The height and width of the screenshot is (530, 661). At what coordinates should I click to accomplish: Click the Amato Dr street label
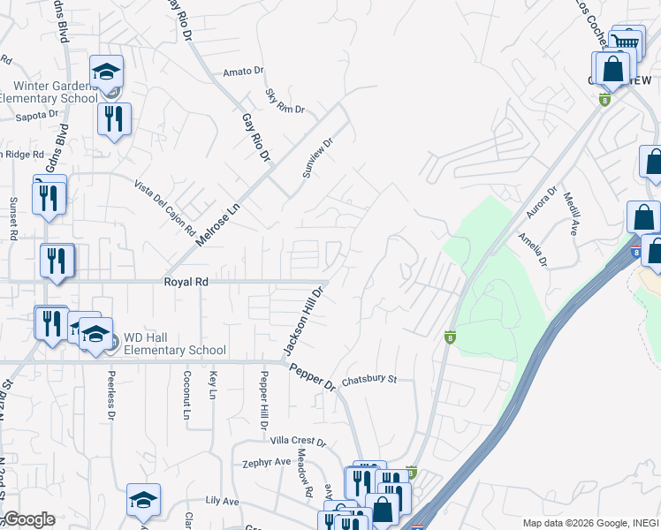(244, 72)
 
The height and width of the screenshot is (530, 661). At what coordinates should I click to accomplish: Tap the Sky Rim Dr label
(285, 101)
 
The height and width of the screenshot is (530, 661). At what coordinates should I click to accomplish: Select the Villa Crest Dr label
(298, 442)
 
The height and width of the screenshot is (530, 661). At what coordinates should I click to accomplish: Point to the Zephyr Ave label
(267, 462)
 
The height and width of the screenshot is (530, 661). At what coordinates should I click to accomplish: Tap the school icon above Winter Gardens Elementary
(106, 71)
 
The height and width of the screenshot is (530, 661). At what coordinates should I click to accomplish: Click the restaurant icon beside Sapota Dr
(114, 118)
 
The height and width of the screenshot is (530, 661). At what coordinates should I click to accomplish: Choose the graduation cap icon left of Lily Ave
(143, 500)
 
